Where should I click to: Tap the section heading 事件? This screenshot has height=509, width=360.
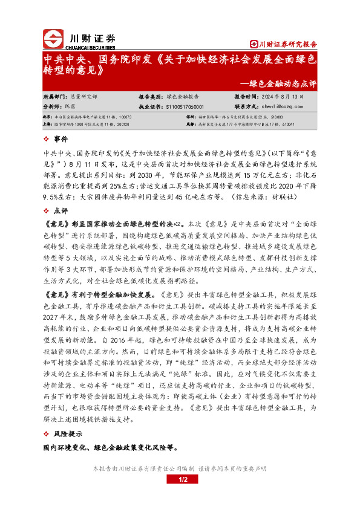pyautogui.click(x=62, y=139)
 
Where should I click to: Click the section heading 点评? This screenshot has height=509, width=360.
pyautogui.click(x=62, y=211)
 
